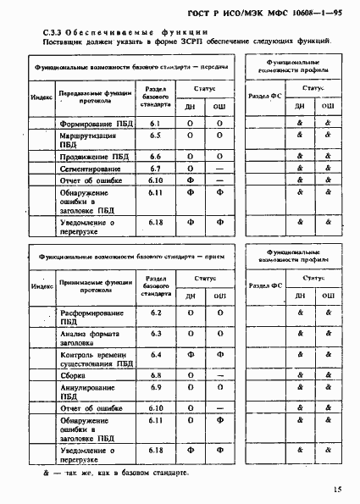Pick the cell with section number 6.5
point(155,135)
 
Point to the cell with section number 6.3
point(155,334)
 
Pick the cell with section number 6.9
point(155,387)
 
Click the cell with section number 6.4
point(155,355)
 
